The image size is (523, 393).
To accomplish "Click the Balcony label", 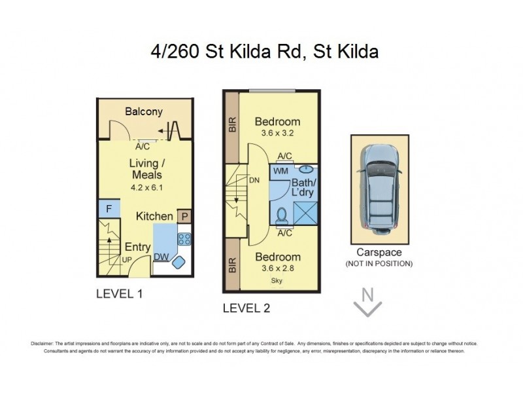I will (143, 111).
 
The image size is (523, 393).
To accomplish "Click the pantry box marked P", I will (185, 216).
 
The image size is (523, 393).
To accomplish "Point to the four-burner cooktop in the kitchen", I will (184, 240).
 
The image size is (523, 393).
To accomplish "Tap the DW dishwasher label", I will (160, 257).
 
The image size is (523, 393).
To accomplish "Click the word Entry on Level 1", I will (137, 248).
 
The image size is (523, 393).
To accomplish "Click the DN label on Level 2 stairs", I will (255, 180).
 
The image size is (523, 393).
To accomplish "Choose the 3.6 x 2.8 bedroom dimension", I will (277, 268).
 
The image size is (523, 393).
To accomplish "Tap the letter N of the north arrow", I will (367, 295).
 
